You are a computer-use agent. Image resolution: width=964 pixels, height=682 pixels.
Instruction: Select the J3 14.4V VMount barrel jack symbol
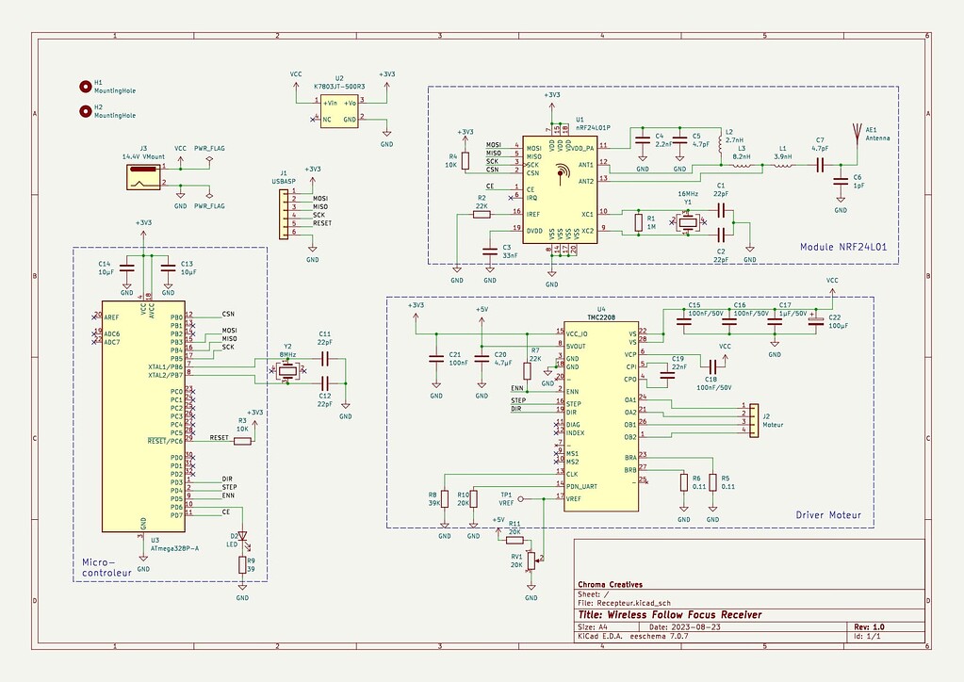click(143, 174)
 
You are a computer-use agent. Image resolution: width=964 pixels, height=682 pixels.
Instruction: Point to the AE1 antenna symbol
click(857, 132)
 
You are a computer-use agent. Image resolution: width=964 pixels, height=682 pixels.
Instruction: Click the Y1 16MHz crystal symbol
click(688, 222)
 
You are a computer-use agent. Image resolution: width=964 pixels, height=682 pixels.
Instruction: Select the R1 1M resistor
click(639, 222)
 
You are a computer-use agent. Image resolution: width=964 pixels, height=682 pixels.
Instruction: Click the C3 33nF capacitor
click(488, 251)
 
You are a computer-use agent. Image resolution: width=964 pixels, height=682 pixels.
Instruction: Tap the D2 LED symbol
click(242, 539)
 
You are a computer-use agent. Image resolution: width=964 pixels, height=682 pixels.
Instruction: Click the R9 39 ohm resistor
click(242, 565)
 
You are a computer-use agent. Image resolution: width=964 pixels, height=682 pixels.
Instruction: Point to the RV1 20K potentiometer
click(531, 561)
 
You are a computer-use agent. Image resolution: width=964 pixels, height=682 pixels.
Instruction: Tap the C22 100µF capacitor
click(815, 321)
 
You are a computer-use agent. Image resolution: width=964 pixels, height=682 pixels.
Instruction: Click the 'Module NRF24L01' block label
click(843, 248)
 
